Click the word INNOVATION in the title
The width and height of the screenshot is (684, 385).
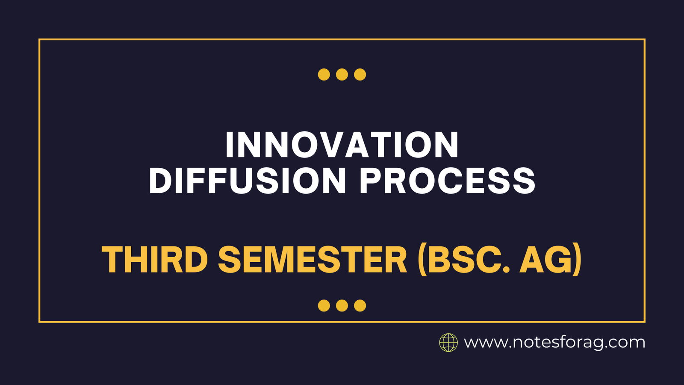pos(342,145)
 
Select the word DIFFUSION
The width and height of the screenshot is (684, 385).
pos(247,180)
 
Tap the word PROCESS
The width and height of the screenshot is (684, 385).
pos(447,180)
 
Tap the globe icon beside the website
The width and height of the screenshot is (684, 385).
pos(448,343)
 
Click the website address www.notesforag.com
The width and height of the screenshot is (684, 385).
pos(554,343)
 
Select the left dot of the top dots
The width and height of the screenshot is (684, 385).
pos(324,74)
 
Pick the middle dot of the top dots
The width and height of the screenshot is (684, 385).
pos(342,74)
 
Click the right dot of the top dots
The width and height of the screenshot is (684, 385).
pos(360,74)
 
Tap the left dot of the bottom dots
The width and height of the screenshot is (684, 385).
pos(324,305)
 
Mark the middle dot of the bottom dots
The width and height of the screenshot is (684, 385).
pos(342,305)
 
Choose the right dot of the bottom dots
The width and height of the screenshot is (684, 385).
pos(360,305)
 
